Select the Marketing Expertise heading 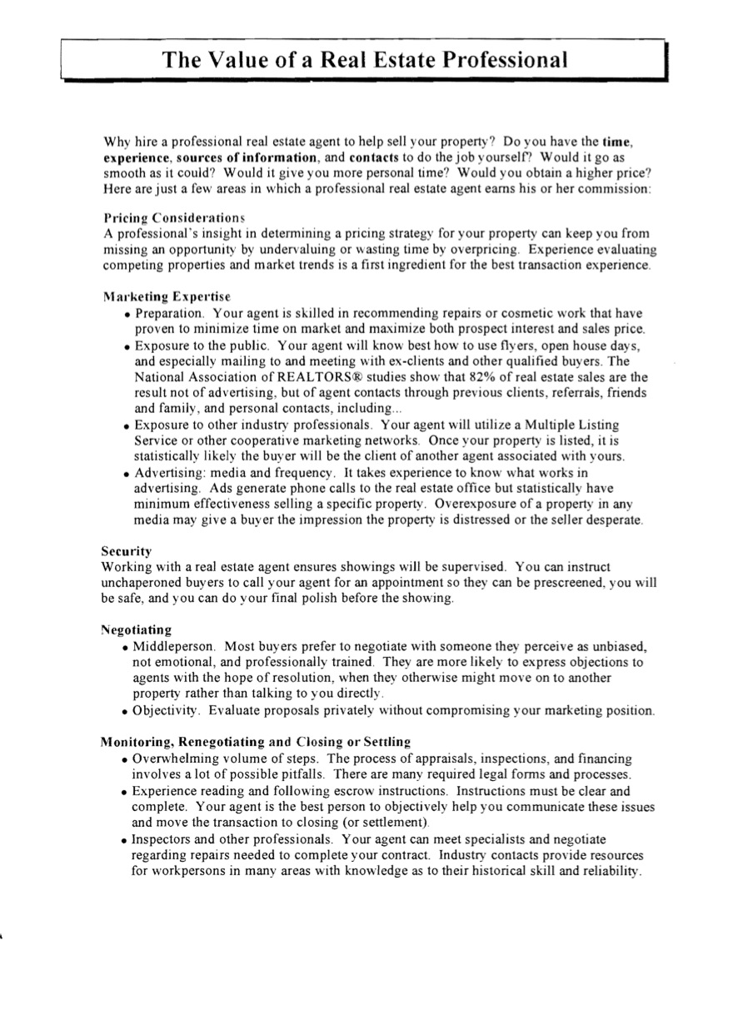pos(167,296)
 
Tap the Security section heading pos(127,551)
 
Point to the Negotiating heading pos(137,629)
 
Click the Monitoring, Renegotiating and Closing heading pos(256,741)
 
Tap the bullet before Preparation pos(127,315)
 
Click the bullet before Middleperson pos(125,648)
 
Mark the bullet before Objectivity pos(125,712)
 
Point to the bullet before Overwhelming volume pos(125,760)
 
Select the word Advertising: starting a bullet pos(169,473)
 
